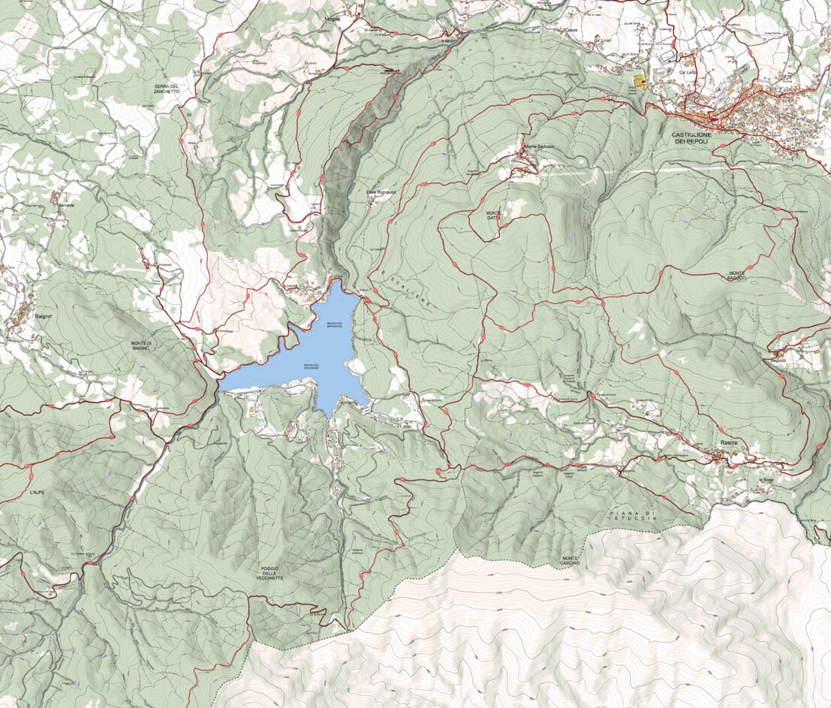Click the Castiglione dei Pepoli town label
691,137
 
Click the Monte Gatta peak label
493,215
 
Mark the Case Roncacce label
381,192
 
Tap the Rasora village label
729,443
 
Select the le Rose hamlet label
766,479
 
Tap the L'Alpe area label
38,492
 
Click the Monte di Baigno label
140,346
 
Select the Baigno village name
44,317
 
